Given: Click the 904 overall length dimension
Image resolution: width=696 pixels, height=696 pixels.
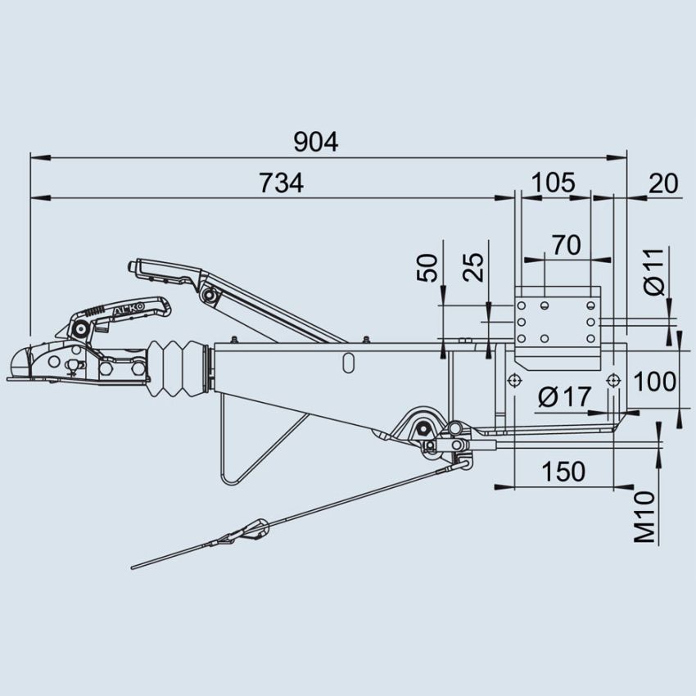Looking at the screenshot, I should (315, 142).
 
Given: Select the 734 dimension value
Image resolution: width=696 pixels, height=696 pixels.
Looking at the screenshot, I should (281, 183).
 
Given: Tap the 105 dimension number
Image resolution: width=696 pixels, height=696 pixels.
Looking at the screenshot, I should (553, 183).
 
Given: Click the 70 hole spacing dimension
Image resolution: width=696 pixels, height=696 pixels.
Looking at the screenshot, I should (566, 245).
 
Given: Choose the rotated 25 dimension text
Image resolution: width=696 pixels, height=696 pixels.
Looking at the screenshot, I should (473, 267).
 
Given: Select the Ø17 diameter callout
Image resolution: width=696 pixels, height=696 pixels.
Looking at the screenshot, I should (565, 397).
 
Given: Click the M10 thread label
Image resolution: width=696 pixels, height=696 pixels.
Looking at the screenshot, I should (646, 517).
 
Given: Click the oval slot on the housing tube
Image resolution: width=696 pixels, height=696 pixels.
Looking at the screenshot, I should (350, 360).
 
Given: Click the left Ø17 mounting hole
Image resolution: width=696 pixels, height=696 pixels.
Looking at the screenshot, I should (513, 382).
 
